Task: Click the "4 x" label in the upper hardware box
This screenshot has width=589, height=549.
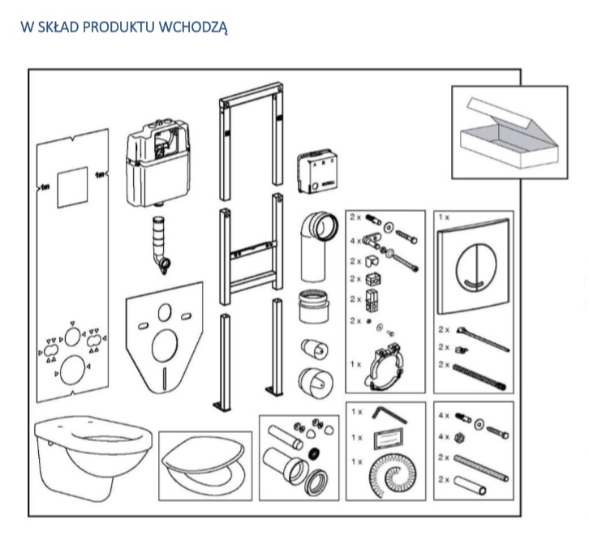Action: coord(355,240)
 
